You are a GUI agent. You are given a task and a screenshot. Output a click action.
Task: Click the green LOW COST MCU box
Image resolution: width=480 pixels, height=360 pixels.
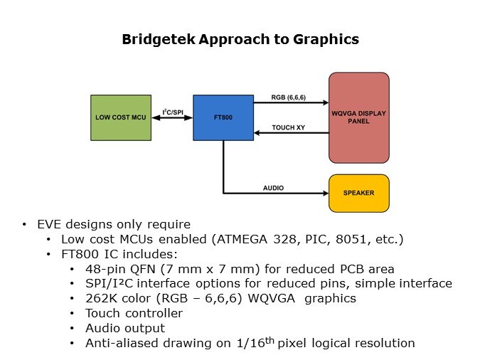(121, 117)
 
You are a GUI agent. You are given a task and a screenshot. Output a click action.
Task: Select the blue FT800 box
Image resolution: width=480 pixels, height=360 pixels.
(223, 117)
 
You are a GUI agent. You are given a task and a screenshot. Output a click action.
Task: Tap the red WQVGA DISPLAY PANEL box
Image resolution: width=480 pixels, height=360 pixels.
(358, 117)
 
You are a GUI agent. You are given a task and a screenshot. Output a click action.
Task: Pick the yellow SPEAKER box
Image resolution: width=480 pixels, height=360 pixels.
(358, 193)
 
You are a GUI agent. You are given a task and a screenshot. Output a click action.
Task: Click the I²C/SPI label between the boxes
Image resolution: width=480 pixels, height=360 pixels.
(173, 111)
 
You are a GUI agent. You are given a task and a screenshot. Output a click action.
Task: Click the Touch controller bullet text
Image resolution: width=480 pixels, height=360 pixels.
(134, 313)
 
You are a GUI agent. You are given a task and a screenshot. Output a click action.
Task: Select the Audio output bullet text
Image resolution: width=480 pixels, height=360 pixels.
(124, 328)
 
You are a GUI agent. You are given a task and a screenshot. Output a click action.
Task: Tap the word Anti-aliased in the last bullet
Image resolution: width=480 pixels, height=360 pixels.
(119, 343)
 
